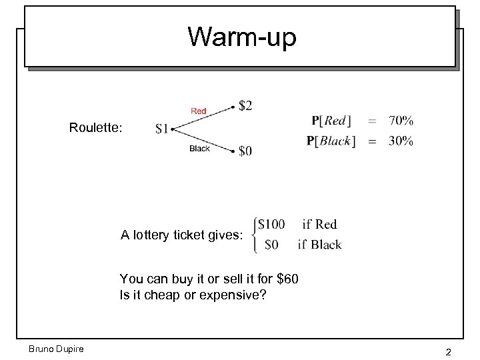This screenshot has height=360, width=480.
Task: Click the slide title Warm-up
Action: (x=241, y=37)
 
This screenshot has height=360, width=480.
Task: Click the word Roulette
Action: (x=95, y=127)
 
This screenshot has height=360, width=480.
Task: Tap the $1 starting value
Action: (x=162, y=129)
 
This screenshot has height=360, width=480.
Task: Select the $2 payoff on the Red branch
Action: (x=245, y=105)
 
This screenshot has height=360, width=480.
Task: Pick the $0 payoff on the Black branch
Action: (x=245, y=151)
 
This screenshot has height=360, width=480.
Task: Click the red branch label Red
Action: (x=199, y=111)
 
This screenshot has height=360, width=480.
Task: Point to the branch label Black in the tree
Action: (x=199, y=149)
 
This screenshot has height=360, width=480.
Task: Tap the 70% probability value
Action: (x=401, y=121)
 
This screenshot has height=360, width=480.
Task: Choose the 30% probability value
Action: (x=401, y=141)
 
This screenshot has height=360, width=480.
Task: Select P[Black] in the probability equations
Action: (x=331, y=141)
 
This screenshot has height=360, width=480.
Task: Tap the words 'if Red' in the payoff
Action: (x=319, y=225)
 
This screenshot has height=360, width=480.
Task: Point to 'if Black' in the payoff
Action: (x=319, y=245)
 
